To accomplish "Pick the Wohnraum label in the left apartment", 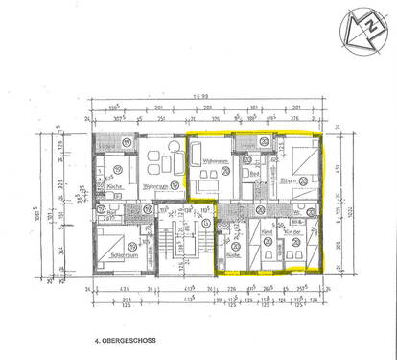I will coord(153,185).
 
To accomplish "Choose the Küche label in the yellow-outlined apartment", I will coord(233,254).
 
